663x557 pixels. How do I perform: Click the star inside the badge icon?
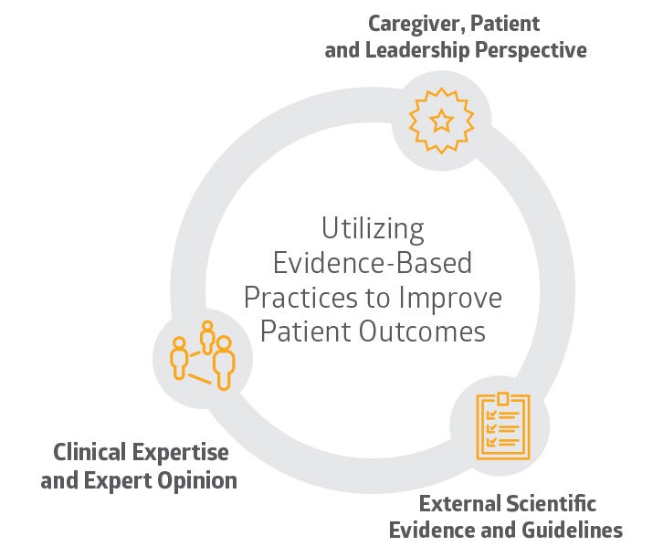[441, 119]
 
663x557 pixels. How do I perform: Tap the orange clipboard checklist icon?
[503, 426]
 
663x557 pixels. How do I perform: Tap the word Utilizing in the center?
[373, 227]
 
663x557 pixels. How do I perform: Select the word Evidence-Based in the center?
[373, 263]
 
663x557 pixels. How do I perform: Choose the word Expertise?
[183, 453]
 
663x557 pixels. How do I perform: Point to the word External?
[458, 503]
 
